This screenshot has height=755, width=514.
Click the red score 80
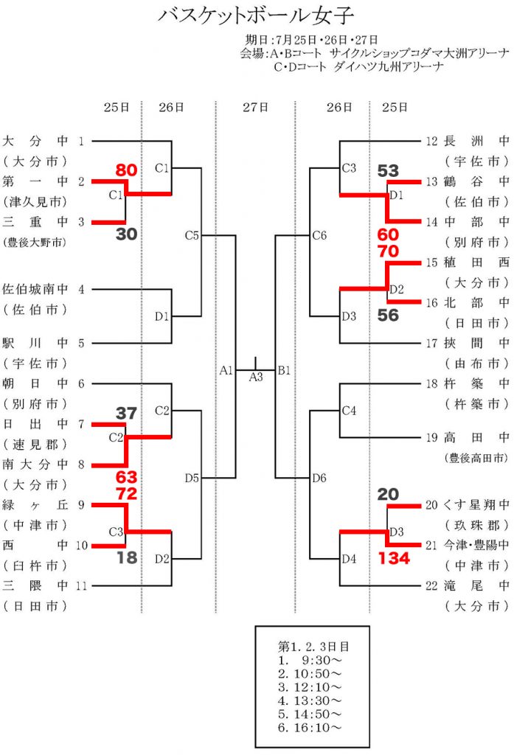126,170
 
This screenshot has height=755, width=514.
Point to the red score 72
126,493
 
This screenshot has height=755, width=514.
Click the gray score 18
127,557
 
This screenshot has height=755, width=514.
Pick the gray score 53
388,171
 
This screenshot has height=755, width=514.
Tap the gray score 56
388,315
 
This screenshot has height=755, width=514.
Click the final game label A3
256,377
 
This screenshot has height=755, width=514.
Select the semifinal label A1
226,369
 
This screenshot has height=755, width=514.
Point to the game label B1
284,369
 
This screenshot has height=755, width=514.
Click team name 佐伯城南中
35,290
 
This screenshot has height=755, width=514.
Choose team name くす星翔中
476,506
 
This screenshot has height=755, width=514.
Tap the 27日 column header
256,108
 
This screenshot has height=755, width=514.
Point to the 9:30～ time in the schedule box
310,660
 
